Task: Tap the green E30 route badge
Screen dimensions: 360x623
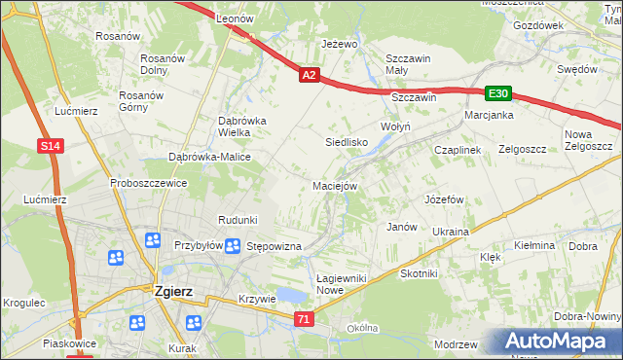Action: coord(498,93)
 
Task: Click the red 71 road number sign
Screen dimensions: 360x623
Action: coord(305,318)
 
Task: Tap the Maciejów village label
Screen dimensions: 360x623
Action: coord(336,185)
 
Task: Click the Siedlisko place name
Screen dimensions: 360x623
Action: coord(345,142)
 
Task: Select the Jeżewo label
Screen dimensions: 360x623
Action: coord(340,44)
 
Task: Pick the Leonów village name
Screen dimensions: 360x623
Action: coord(235,18)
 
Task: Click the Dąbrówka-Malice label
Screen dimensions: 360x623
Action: coord(210,157)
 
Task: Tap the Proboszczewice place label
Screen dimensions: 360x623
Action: coord(148,182)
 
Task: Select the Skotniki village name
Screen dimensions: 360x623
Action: coord(420,273)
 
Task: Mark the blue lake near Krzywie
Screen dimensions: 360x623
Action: coord(288,296)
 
